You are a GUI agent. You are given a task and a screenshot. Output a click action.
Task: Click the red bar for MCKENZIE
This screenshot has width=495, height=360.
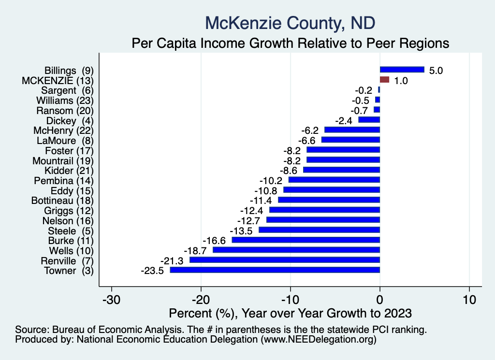point(384,80)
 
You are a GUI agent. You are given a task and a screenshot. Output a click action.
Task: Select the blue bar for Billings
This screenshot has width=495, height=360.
point(402,70)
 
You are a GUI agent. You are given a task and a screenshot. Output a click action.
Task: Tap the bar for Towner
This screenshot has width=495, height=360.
point(275,270)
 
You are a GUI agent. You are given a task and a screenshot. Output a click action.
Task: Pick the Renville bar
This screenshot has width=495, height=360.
point(285,260)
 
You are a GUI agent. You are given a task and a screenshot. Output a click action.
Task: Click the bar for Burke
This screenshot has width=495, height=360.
point(306,240)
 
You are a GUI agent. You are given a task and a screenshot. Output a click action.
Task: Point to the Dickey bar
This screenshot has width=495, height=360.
point(369,120)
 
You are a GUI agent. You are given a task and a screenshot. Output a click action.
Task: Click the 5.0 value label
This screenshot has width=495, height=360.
point(437,71)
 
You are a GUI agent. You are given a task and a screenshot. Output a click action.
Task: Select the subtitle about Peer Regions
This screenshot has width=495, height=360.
point(291,43)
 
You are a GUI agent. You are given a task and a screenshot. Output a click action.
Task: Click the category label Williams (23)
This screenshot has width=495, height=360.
point(65,100)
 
